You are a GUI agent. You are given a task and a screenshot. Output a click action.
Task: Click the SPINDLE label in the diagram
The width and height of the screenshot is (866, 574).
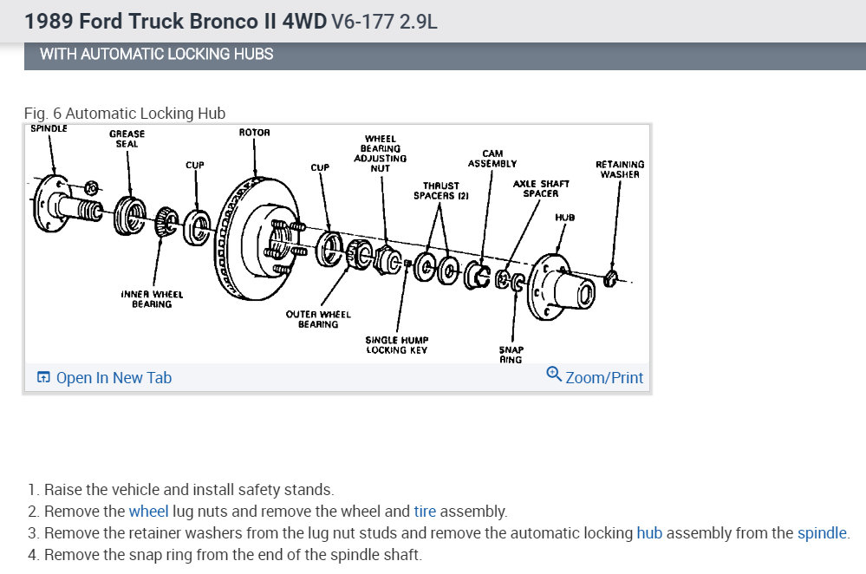tap(49, 129)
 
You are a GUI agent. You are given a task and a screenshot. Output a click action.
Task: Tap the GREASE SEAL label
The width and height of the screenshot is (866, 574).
tap(127, 139)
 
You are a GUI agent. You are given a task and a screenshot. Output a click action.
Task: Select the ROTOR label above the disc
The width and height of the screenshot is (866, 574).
tap(254, 133)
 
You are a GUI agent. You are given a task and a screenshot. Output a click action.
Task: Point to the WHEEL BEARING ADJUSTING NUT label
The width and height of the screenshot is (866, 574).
tap(381, 153)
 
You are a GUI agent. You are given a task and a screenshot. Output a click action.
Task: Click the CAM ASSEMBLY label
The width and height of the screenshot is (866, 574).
tap(492, 159)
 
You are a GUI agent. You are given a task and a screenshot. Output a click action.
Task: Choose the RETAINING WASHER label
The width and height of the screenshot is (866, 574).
tap(619, 169)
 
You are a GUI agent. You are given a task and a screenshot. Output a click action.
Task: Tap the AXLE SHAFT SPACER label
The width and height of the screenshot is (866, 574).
tap(541, 188)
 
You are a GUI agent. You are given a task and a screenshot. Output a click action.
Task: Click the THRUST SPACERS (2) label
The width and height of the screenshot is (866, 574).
tap(442, 191)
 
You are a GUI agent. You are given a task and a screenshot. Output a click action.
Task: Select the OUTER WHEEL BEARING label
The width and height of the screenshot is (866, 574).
tap(317, 319)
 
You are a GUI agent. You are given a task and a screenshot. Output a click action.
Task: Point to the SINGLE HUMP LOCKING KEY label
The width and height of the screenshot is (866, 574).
tap(397, 344)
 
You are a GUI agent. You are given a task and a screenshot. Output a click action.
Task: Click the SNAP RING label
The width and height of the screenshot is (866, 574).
tap(511, 354)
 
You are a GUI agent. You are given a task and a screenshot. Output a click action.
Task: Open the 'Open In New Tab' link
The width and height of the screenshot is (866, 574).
tap(104, 377)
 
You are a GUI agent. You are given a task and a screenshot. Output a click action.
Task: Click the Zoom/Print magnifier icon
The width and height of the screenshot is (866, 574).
tap(553, 375)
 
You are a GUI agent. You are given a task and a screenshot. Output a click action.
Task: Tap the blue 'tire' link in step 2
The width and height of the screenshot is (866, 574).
tap(425, 512)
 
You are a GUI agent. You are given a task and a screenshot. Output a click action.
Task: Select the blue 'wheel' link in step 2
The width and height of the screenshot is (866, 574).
tap(147, 512)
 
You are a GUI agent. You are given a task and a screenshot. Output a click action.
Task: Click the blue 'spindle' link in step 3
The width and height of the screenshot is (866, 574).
tap(822, 533)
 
